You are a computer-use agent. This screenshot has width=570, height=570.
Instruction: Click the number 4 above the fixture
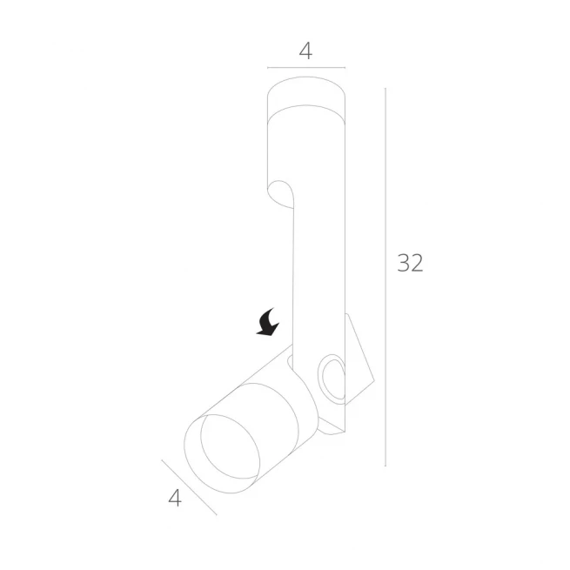pos(305,51)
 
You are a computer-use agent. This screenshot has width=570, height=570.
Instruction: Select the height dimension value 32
pos(410,263)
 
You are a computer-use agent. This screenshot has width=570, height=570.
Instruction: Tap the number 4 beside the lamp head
pos(175,498)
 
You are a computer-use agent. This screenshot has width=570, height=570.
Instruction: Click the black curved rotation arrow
pos(268,322)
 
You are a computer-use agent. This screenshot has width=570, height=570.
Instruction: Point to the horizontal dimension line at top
pos(306,68)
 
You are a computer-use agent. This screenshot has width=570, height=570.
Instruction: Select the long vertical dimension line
pos(386,277)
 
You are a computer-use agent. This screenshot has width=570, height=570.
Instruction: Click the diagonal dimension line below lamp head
pos(189,487)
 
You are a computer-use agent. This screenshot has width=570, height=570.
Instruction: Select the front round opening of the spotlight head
pos(222,453)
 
